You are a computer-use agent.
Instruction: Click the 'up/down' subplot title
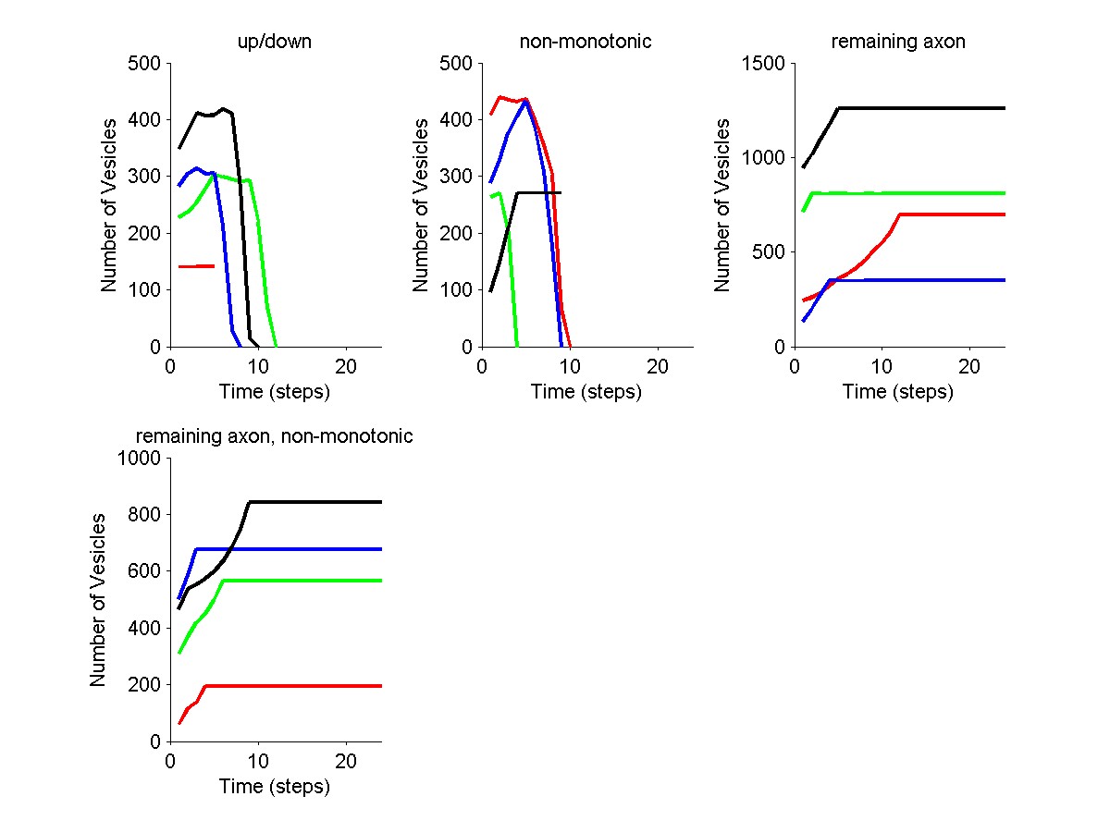275,42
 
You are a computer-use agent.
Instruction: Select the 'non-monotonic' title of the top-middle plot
586,42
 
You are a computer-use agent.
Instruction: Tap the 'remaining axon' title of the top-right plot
898,42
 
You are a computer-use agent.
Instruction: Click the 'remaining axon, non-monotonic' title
275,436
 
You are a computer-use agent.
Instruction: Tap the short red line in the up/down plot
197,266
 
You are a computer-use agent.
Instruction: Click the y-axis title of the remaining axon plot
724,205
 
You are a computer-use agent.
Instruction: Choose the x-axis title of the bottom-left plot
275,787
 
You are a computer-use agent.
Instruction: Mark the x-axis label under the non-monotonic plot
586,392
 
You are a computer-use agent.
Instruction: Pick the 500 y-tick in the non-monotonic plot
457,64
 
